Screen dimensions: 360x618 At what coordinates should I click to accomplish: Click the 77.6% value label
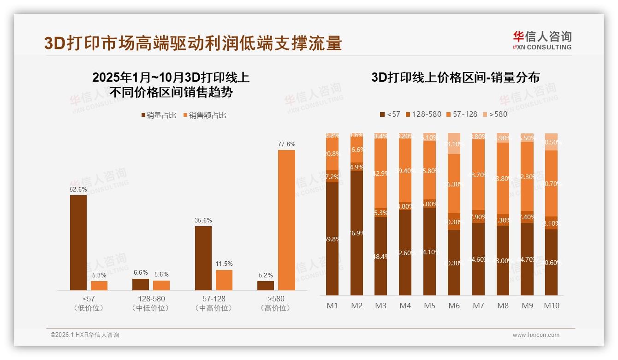point(286,144)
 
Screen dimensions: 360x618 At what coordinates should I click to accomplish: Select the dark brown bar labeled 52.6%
point(78,242)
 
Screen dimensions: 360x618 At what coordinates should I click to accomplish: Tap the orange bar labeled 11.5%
point(224,280)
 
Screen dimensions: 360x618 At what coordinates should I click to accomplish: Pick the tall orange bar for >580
point(286,220)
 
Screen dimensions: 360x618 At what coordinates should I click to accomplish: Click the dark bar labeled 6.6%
point(141,284)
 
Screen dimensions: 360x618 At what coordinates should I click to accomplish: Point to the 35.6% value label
point(203,220)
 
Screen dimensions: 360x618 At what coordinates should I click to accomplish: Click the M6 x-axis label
point(454,306)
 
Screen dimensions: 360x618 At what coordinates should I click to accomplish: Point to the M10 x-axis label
point(551,306)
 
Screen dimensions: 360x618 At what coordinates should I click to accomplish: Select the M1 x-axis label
point(332,306)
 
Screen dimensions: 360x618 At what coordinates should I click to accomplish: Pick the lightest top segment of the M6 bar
point(454,144)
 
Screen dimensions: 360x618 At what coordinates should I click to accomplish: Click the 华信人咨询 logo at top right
point(542,40)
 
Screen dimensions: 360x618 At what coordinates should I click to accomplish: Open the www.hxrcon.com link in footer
point(535,335)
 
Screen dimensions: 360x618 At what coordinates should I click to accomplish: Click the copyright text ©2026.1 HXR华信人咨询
point(84,335)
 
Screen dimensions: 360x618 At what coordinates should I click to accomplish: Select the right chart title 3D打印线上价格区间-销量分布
point(455,77)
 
